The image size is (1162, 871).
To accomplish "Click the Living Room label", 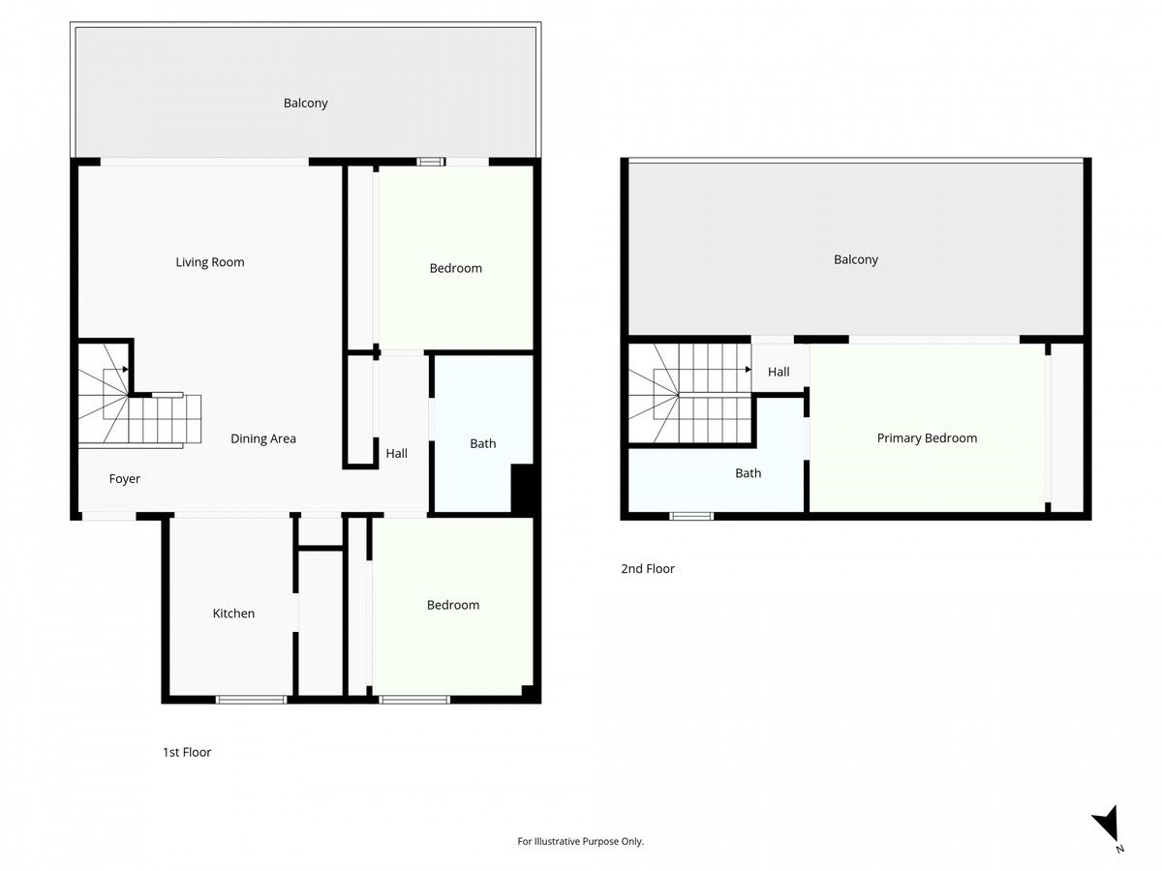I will click(209, 262).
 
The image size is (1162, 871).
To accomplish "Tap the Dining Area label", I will click(263, 438).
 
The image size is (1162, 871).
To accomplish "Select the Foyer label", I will click(124, 479).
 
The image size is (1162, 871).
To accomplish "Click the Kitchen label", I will click(233, 613).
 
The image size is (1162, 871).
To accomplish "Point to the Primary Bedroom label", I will click(927, 438).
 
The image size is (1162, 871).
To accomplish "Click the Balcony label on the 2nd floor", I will click(856, 259).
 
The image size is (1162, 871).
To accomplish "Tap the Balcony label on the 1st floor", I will click(306, 103).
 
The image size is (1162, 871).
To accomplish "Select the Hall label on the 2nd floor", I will click(779, 372).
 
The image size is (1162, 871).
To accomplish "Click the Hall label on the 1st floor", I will click(396, 453).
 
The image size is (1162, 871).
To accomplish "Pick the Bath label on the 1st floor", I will click(482, 443).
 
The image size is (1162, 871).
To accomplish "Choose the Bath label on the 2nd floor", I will click(748, 473).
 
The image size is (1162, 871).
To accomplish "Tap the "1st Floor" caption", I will click(187, 752).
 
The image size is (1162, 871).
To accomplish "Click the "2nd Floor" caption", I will click(648, 569).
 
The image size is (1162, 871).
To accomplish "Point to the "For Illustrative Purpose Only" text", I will click(581, 841).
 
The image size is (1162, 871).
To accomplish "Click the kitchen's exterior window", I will click(251, 699).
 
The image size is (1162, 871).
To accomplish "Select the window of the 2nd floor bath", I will click(691, 516).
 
